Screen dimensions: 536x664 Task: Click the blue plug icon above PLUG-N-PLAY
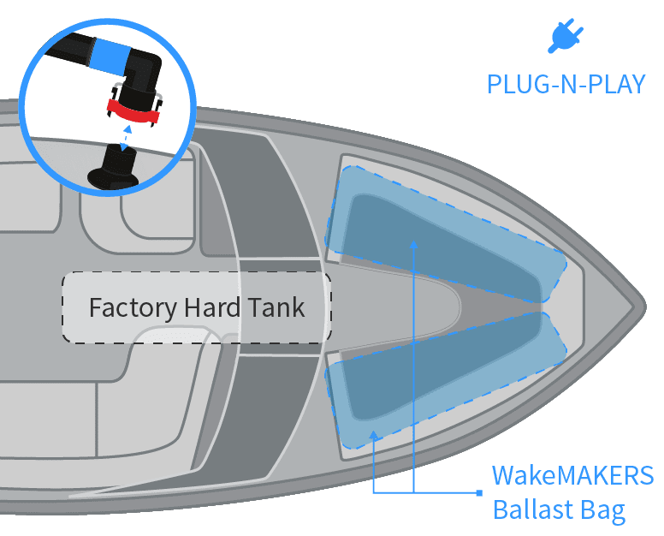(x=566, y=36)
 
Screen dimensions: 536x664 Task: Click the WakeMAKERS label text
(x=572, y=475)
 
